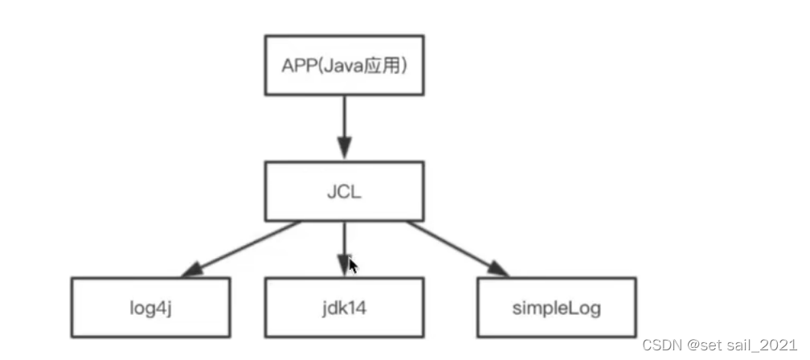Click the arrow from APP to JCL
pos(345,128)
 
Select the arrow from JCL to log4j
pos(240,249)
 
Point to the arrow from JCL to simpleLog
pos(457,249)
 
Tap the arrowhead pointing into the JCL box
pos(345,149)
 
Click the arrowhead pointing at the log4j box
pos(192,270)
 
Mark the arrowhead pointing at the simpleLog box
pos(497,269)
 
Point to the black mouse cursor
pos(353,267)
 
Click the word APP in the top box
pos(297,66)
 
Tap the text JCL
pos(345,193)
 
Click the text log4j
pos(150,309)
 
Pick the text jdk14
pos(345,309)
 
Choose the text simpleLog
pos(557,309)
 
